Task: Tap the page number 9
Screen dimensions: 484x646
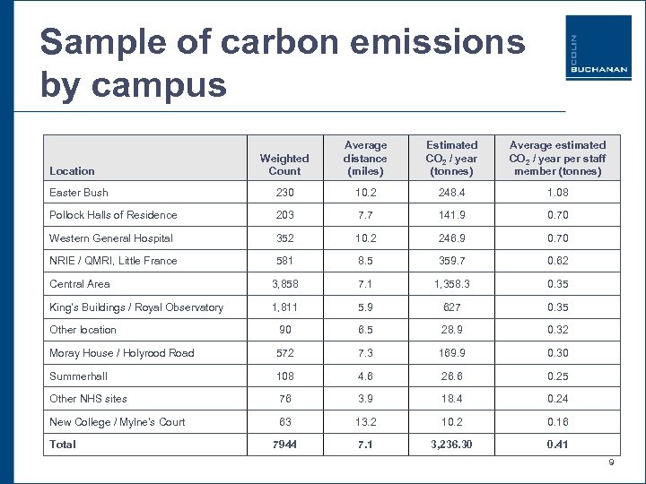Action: point(611,462)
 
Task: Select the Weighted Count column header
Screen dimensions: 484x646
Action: point(284,164)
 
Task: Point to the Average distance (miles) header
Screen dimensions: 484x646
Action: point(365,157)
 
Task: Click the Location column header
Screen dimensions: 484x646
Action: point(72,170)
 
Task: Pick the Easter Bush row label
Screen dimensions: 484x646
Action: point(79,192)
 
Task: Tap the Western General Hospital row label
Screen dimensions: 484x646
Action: point(110,238)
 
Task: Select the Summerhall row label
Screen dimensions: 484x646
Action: point(77,376)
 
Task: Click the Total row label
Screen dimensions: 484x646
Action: point(63,445)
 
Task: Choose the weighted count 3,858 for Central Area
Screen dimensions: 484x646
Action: point(284,284)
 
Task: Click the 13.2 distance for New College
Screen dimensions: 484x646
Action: point(365,421)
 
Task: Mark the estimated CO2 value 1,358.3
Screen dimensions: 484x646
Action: point(451,284)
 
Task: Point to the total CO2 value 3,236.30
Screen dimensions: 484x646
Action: point(451,445)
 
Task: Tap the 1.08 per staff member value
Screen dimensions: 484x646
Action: point(557,192)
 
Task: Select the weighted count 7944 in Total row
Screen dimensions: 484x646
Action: point(284,445)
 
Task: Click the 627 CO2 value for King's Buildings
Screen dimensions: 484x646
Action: point(451,307)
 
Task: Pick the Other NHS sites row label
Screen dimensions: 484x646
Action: point(88,398)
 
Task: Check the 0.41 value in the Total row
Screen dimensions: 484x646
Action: point(557,445)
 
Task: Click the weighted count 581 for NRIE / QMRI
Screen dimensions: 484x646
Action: point(284,261)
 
